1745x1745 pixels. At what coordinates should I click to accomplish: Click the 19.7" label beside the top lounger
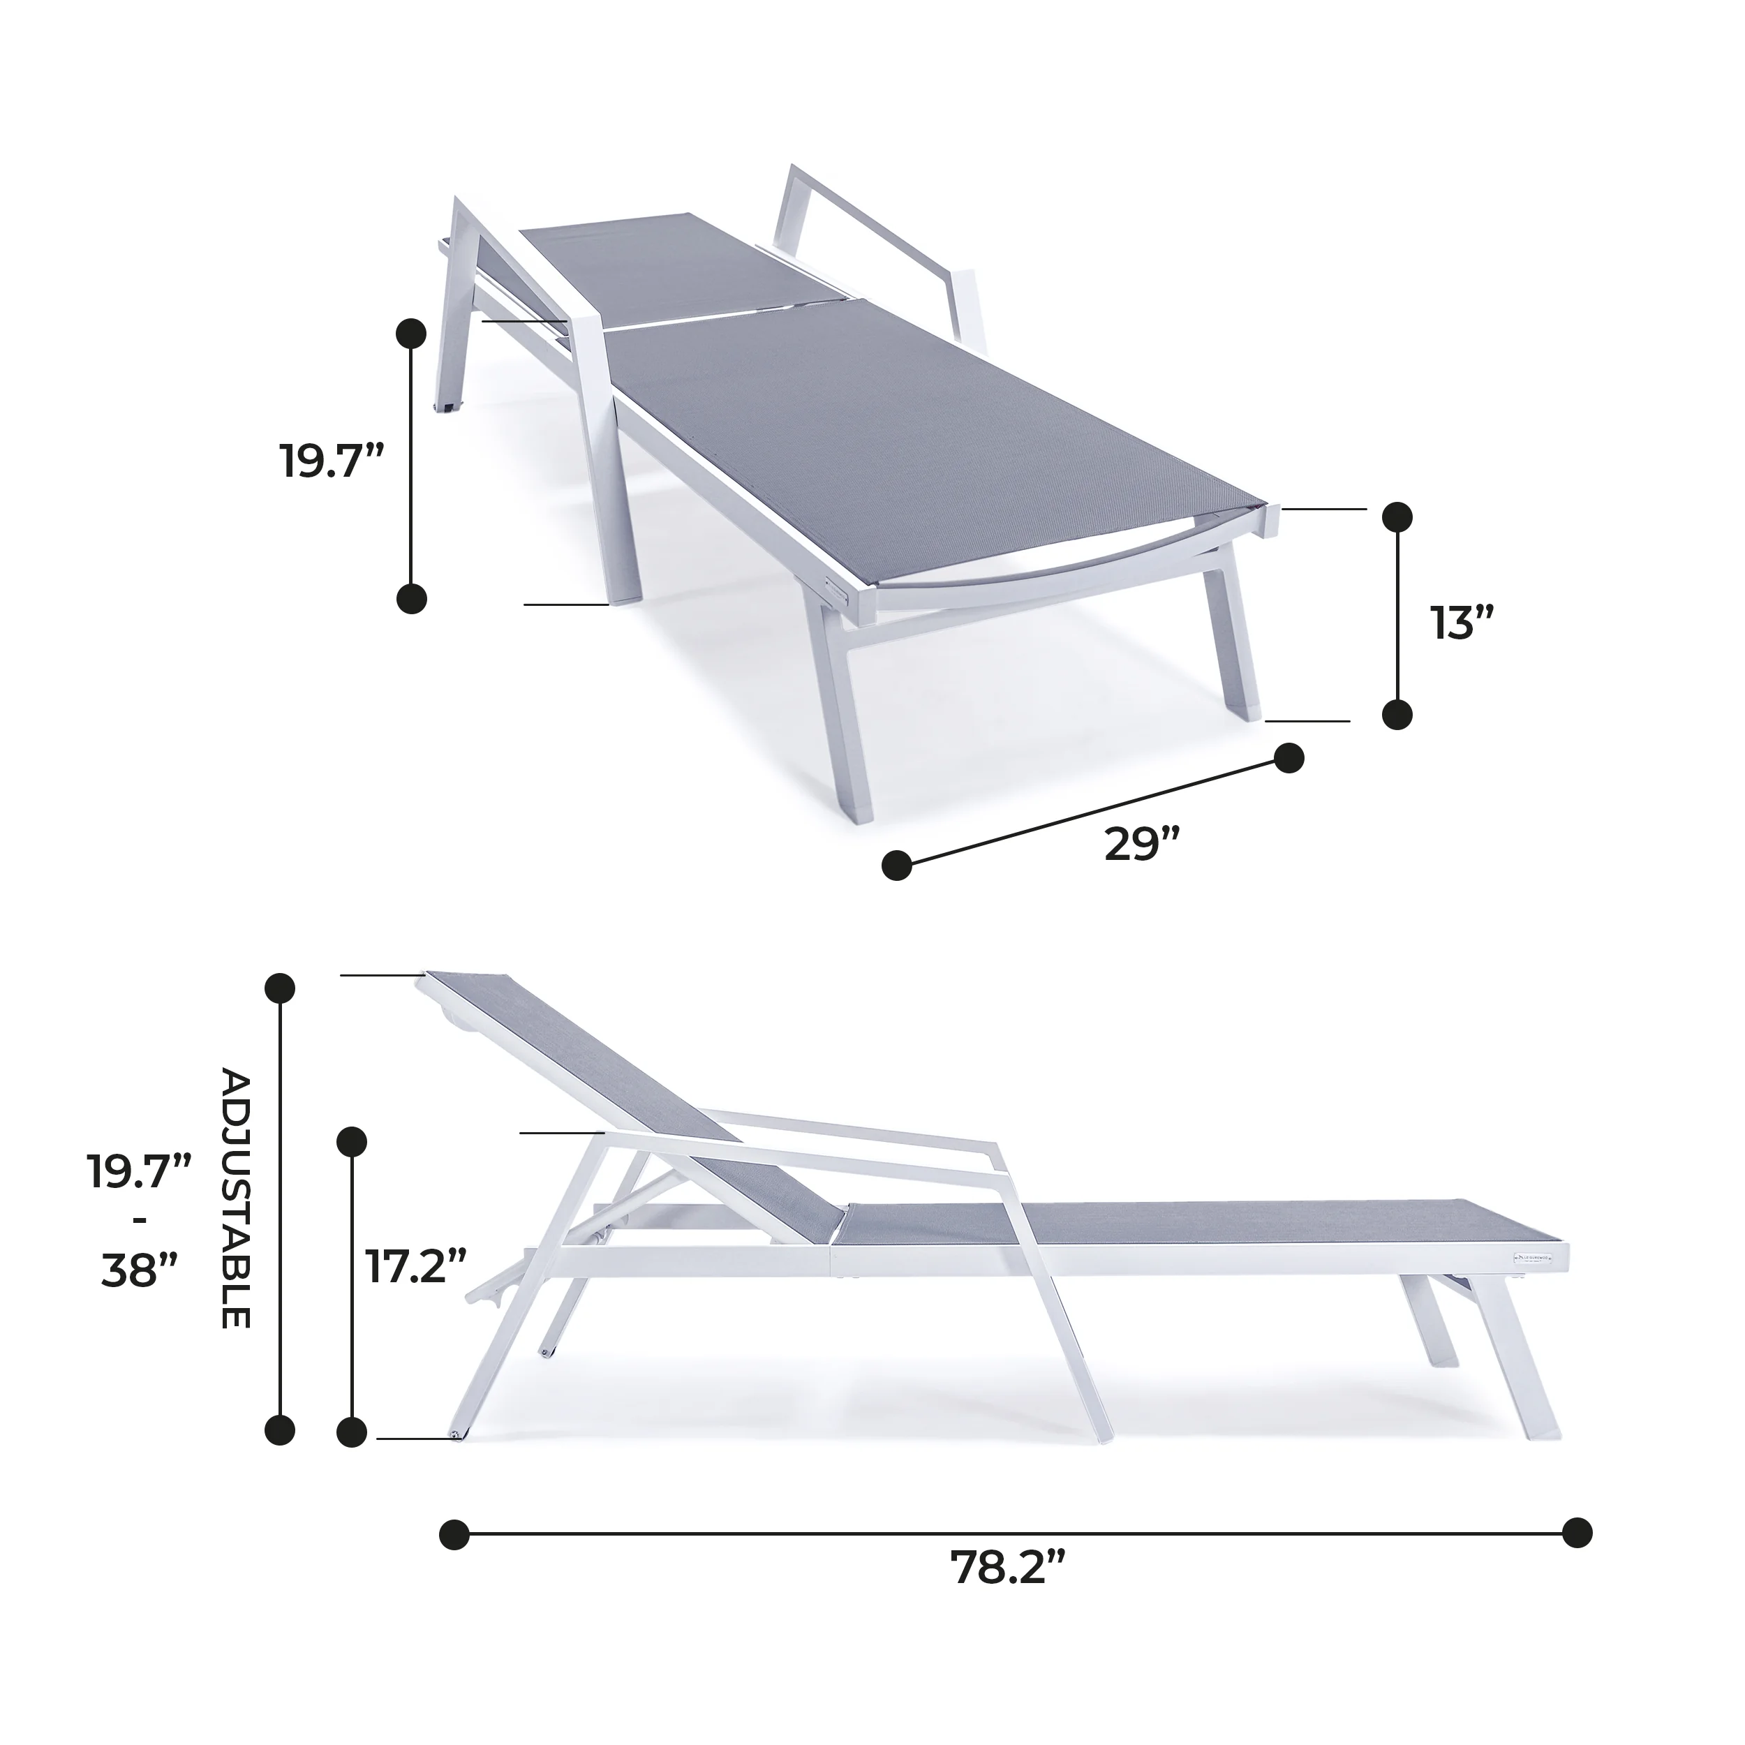point(332,461)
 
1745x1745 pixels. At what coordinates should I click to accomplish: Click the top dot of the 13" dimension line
point(1397,517)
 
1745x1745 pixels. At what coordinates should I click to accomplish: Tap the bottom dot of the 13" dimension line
point(1397,713)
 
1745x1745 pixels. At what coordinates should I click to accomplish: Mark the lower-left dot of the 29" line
point(897,864)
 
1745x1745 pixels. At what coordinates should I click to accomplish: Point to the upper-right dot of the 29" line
point(1289,758)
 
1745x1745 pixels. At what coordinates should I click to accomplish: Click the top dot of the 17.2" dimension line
point(351,1141)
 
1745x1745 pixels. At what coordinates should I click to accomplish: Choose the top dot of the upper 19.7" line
point(412,332)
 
